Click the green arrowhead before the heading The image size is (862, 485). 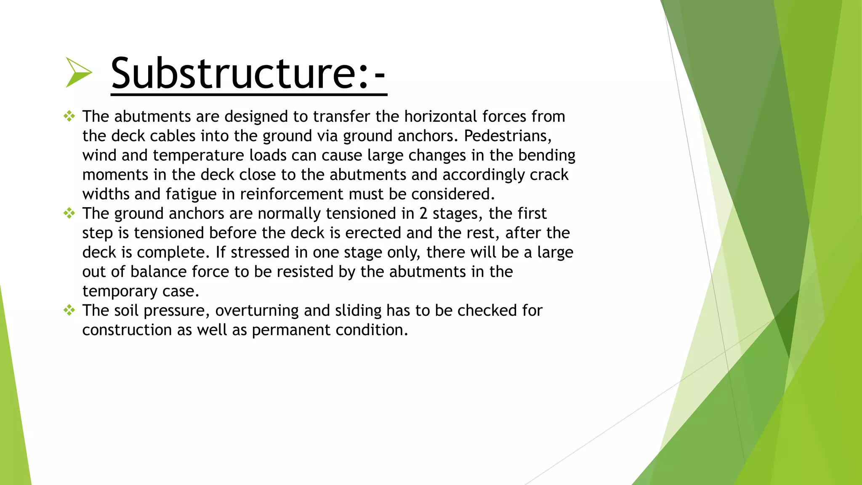pos(78,73)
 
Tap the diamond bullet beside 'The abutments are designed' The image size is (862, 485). pos(69,116)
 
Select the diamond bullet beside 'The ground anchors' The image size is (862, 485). pos(69,213)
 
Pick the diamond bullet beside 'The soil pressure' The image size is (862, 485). pos(69,311)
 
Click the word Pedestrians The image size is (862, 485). pos(507,136)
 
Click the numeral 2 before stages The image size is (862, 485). pos(423,214)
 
